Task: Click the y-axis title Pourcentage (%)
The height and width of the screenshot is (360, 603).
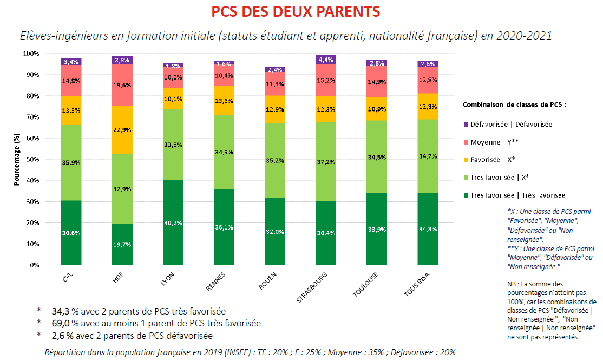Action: (17, 160)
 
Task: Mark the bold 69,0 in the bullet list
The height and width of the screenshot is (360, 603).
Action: (61, 323)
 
